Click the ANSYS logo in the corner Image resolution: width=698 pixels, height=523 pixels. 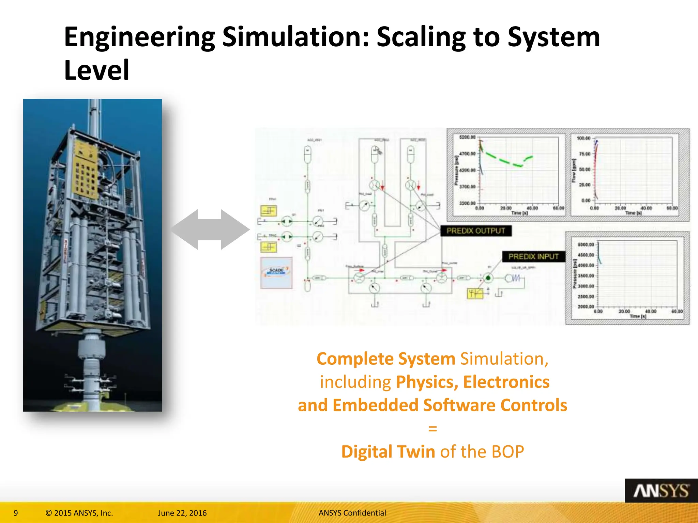[x=661, y=491]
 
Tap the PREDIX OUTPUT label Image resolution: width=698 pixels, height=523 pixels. [x=476, y=231]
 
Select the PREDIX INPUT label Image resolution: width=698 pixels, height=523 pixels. [x=533, y=257]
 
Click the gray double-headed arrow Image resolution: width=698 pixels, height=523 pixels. [x=210, y=229]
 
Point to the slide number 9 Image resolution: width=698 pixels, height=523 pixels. [x=16, y=513]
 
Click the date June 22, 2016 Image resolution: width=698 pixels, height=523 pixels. [x=182, y=513]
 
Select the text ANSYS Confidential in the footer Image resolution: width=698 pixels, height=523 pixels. [x=352, y=513]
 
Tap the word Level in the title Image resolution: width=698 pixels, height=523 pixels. [x=97, y=70]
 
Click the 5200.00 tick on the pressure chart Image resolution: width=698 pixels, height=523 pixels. [x=467, y=137]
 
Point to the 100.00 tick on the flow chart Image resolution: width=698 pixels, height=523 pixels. [x=583, y=138]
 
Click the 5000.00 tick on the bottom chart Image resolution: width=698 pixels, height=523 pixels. [x=586, y=244]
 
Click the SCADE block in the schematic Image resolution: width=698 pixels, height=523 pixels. [x=276, y=273]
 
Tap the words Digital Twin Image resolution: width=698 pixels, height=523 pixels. [x=388, y=452]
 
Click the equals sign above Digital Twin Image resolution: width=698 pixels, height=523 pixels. [x=433, y=429]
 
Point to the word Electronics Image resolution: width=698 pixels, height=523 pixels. [x=506, y=382]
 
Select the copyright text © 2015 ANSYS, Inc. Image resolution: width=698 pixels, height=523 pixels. [x=79, y=513]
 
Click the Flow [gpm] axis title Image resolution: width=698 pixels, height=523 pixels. [x=574, y=170]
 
